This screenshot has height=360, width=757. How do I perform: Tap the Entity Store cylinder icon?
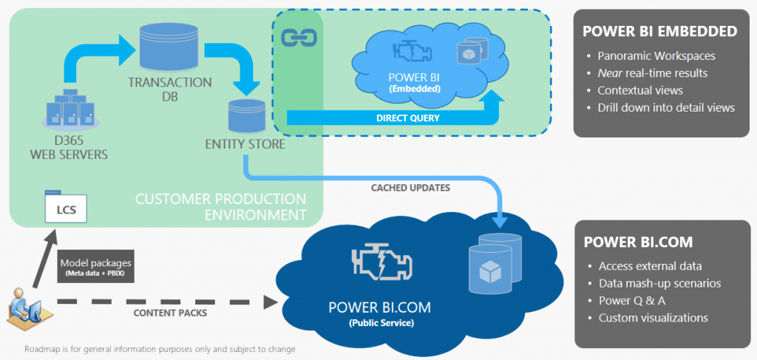pos(246,114)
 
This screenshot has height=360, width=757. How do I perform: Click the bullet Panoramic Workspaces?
pos(656,55)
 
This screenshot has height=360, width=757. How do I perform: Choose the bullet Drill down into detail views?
pos(665,108)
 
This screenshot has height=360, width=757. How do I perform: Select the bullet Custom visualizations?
pos(652,318)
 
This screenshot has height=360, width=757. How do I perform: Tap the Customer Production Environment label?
pos(220,207)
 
